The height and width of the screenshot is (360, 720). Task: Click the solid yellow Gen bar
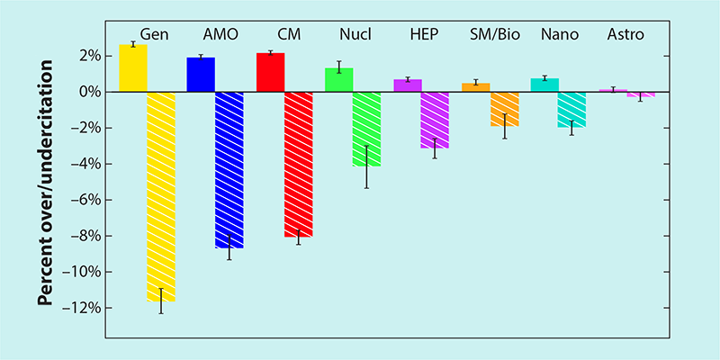pos(132,68)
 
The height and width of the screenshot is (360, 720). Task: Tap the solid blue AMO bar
pos(201,75)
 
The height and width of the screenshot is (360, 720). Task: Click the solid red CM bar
pos(270,72)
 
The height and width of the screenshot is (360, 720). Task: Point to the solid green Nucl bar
pos(338,80)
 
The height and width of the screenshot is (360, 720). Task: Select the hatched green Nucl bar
pos(366,129)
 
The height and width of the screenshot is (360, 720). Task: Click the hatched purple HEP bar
pos(435,120)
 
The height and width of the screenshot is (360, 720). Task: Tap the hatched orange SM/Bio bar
pos(504,109)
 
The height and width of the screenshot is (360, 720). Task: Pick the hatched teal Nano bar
pos(571,110)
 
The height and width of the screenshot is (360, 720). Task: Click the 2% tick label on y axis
pos(86,56)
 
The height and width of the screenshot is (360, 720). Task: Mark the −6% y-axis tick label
pos(84,200)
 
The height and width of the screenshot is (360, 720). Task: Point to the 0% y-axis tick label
pos(86,92)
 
